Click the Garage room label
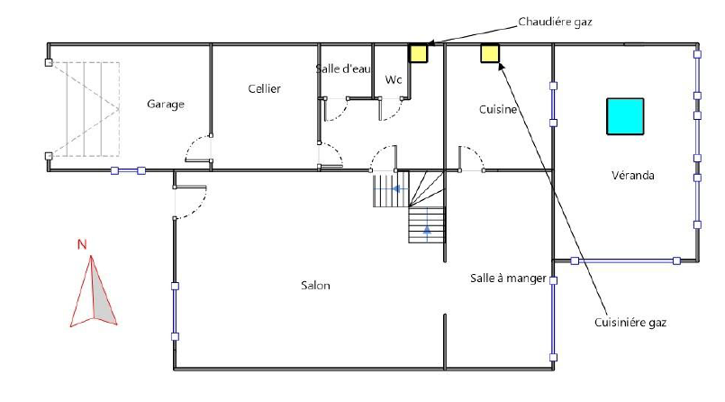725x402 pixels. point(166,104)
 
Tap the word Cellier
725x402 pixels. point(264,88)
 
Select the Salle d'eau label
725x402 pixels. point(343,69)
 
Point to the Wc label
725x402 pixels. point(394,79)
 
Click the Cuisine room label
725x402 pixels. point(497,109)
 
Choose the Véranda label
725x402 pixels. point(632,176)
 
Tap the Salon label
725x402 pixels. point(315,286)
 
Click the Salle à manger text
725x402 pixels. point(508,278)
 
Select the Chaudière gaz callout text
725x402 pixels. point(555,22)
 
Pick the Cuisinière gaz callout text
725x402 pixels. point(630,323)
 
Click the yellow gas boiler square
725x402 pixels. point(419,53)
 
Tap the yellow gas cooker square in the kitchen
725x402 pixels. point(490,53)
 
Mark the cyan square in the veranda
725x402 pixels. point(625,116)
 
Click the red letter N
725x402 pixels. point(82,244)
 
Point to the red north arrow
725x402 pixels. point(93,291)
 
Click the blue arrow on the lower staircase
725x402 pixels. point(427,230)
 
